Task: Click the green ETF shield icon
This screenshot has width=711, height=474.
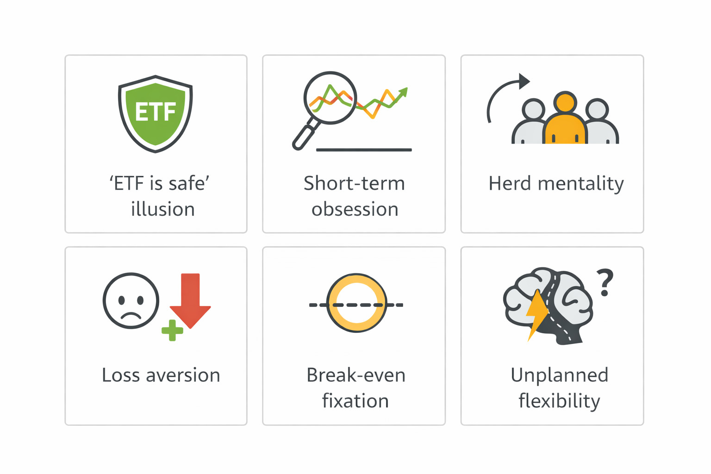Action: tap(156, 113)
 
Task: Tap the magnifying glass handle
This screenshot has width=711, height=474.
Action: tap(304, 137)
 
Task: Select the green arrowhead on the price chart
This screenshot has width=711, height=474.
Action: tap(404, 92)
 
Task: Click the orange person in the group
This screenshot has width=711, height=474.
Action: tap(565, 120)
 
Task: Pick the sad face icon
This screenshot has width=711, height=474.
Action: tap(131, 301)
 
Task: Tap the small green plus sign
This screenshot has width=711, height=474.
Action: tap(172, 331)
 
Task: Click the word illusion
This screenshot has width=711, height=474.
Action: tap(162, 209)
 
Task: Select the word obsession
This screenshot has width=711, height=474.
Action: tap(355, 209)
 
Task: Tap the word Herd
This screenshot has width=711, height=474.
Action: tap(510, 183)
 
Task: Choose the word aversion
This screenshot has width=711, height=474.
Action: tap(183, 375)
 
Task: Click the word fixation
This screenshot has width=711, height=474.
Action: tap(355, 401)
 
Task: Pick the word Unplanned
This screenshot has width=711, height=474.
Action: tap(559, 375)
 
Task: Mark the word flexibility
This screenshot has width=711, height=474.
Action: tap(559, 401)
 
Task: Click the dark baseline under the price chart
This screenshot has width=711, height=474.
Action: tap(364, 150)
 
